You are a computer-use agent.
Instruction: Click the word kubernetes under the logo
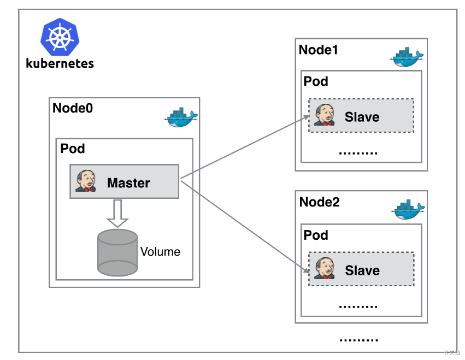[x=60, y=63]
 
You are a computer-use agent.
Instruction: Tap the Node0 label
[x=73, y=108]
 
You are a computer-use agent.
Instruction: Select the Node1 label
[x=319, y=50]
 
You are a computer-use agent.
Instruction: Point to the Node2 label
[x=319, y=202]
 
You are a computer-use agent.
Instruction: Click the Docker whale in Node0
[x=181, y=117]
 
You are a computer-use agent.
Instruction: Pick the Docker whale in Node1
[x=406, y=57]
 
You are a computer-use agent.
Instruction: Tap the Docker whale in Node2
[x=406, y=210]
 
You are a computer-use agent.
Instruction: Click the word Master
[x=128, y=182]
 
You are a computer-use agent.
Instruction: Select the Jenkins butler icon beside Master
[x=86, y=181]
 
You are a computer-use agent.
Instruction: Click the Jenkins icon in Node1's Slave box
[x=325, y=115]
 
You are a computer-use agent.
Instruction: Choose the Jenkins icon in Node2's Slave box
[x=325, y=268]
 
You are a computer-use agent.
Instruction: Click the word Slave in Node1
[x=362, y=116]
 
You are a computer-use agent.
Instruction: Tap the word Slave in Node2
[x=362, y=270]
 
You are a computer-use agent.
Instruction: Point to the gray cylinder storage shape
[x=117, y=252]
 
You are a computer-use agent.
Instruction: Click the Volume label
[x=160, y=252]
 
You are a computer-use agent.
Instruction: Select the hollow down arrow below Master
[x=117, y=214]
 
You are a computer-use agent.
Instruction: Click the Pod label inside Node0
[x=73, y=148]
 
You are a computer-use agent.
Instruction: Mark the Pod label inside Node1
[x=316, y=81]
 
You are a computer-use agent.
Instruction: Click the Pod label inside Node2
[x=316, y=235]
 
